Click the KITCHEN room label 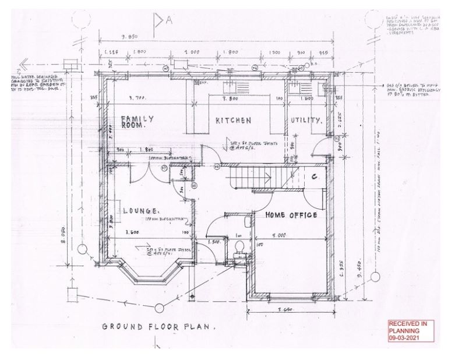tap(233, 121)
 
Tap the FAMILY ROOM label tap(137, 122)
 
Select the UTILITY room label tap(306, 121)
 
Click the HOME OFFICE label tap(291, 216)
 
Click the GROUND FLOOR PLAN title tap(158, 327)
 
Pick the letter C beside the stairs tap(314, 177)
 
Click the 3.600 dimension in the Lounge tap(135, 232)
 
